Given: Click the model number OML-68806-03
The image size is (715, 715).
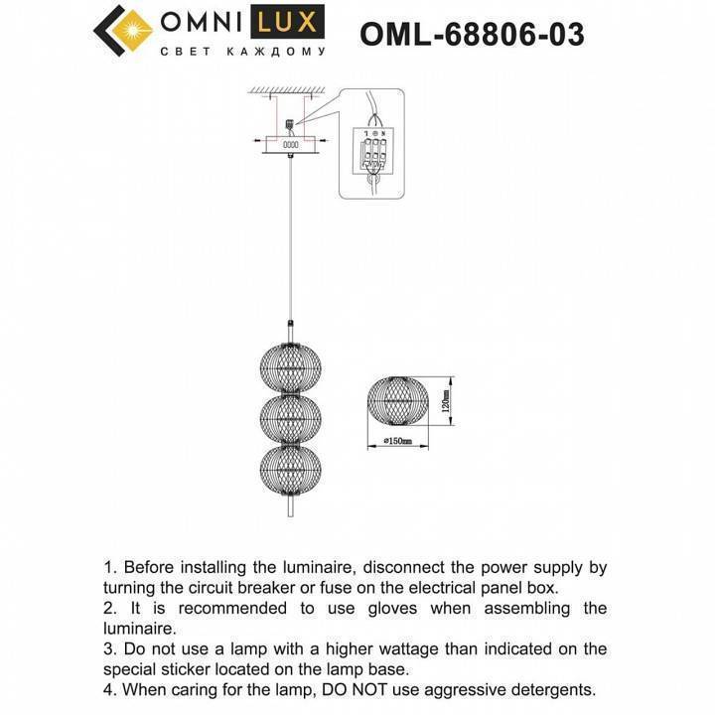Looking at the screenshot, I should pyautogui.click(x=471, y=36).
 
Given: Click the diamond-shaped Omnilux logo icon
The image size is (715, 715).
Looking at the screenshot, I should pyautogui.click(x=122, y=34).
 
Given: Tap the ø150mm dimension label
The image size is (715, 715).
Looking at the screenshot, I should pyautogui.click(x=398, y=441).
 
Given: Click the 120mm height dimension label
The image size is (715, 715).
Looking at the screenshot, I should pyautogui.click(x=447, y=401).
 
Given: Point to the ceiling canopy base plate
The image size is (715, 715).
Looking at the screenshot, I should pyautogui.click(x=290, y=145).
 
